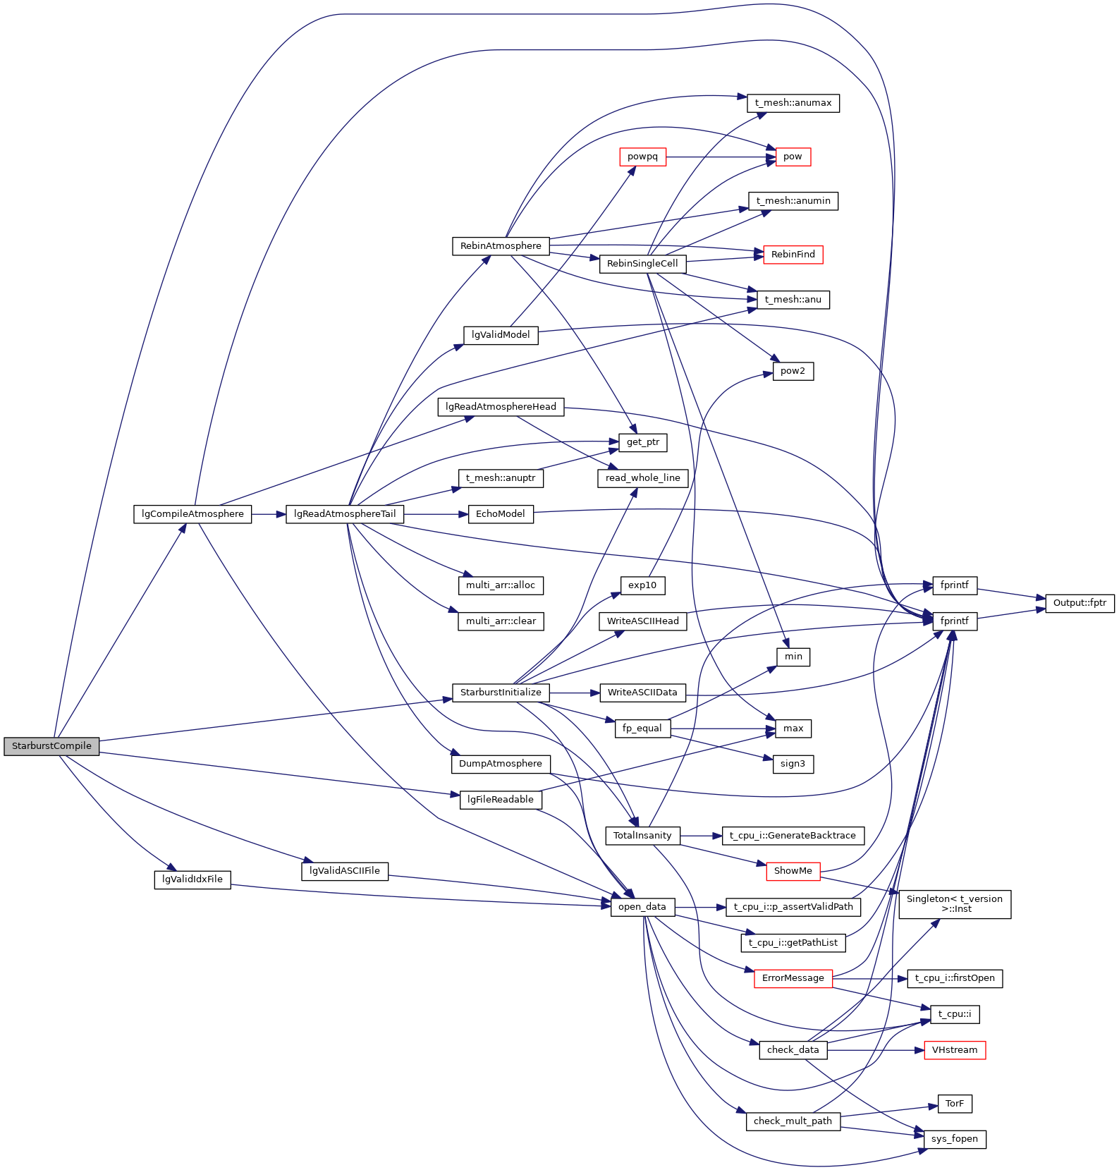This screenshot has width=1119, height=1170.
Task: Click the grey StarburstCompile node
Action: click(51, 746)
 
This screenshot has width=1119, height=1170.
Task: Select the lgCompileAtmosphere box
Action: click(192, 514)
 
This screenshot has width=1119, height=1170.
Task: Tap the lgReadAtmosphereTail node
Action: click(345, 514)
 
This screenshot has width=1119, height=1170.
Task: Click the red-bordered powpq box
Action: click(642, 157)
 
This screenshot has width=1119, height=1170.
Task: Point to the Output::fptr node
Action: click(1080, 603)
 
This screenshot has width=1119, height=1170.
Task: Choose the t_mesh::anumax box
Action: click(793, 103)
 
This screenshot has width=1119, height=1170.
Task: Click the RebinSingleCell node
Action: click(642, 264)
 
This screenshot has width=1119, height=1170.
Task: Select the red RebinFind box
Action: click(793, 255)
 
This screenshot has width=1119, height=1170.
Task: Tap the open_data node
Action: click(642, 907)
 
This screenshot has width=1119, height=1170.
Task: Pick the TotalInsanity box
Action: click(642, 836)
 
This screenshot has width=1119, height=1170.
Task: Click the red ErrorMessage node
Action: click(793, 978)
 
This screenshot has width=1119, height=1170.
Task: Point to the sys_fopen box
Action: click(955, 1139)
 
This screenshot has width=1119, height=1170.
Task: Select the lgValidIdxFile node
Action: click(192, 879)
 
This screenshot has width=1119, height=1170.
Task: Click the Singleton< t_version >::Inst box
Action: click(955, 903)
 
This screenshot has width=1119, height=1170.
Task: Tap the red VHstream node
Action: click(955, 1050)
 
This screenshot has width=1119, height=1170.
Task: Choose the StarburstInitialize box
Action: click(501, 693)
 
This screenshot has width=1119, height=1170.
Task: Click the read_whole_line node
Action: click(642, 478)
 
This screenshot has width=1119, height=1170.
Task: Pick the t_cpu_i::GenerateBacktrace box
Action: click(793, 836)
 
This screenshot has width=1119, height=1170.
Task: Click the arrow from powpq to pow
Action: click(719, 157)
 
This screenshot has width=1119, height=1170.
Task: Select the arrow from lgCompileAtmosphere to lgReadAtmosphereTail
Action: click(268, 514)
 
